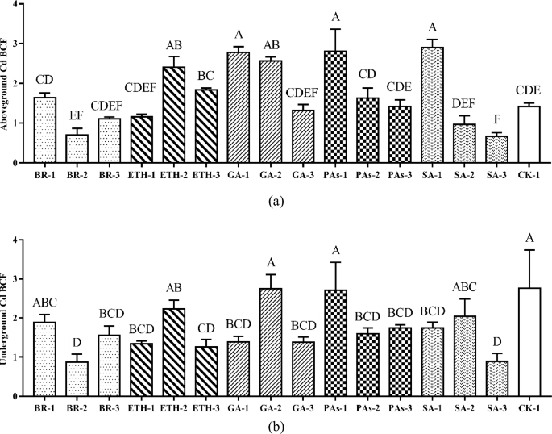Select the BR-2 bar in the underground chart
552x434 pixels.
pyautogui.click(x=77, y=378)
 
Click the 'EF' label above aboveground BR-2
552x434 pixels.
pyautogui.click(x=77, y=114)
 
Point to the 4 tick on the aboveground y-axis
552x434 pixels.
pyautogui.click(x=16, y=5)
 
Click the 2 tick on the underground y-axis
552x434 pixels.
pyautogui.click(x=16, y=318)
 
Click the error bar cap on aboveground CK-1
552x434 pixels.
pyautogui.click(x=529, y=102)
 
